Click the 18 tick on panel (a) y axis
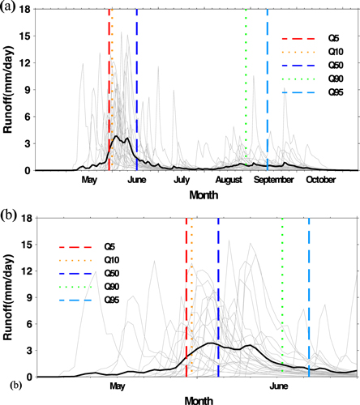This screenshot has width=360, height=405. pyautogui.click(x=26, y=10)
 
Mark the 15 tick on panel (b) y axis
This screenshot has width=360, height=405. pyautogui.click(x=26, y=245)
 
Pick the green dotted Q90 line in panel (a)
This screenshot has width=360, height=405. pyautogui.click(x=245, y=81)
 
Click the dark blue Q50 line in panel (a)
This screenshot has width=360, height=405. pyautogui.click(x=136, y=81)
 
